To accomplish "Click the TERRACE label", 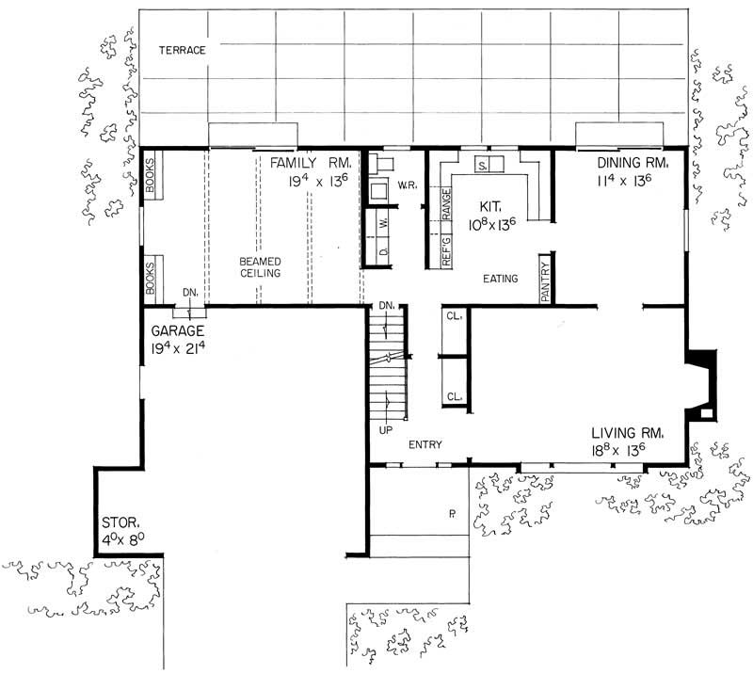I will click(182, 50).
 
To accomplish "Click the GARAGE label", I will click(179, 331).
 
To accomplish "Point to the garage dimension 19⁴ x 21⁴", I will click(185, 349).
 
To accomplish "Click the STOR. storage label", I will click(121, 522).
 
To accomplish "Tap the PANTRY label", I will click(545, 279).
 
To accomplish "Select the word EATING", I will click(500, 279).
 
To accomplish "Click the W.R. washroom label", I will click(407, 185).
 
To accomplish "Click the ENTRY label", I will click(425, 444).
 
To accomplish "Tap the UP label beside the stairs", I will click(385, 429).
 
